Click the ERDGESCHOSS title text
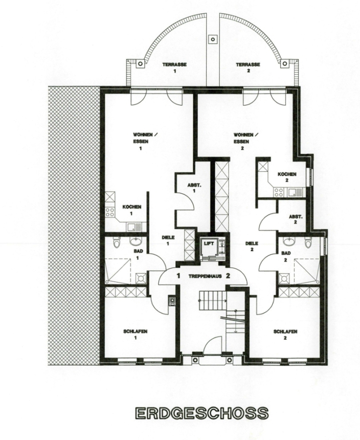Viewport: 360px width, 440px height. pyautogui.click(x=202, y=413)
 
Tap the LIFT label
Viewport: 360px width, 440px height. pyautogui.click(x=209, y=243)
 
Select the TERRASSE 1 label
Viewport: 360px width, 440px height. pyautogui.click(x=175, y=67)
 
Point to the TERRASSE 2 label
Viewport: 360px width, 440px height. pyautogui.click(x=248, y=67)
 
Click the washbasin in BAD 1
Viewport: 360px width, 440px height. pyautogui.click(x=135, y=241)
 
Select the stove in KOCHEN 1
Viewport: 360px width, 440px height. pyautogui.click(x=110, y=213)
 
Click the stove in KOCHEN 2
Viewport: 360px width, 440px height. pyautogui.click(x=279, y=193)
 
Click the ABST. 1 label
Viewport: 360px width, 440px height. pyautogui.click(x=194, y=188)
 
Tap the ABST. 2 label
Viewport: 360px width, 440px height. pyautogui.click(x=296, y=220)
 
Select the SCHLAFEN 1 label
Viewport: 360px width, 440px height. pyautogui.click(x=135, y=334)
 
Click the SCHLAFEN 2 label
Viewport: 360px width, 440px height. pyautogui.click(x=285, y=334)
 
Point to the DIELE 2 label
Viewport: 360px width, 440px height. pyautogui.click(x=251, y=246)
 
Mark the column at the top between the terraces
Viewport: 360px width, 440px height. pyautogui.click(x=213, y=39)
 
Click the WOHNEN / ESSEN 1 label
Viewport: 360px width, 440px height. pyautogui.click(x=145, y=141)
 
